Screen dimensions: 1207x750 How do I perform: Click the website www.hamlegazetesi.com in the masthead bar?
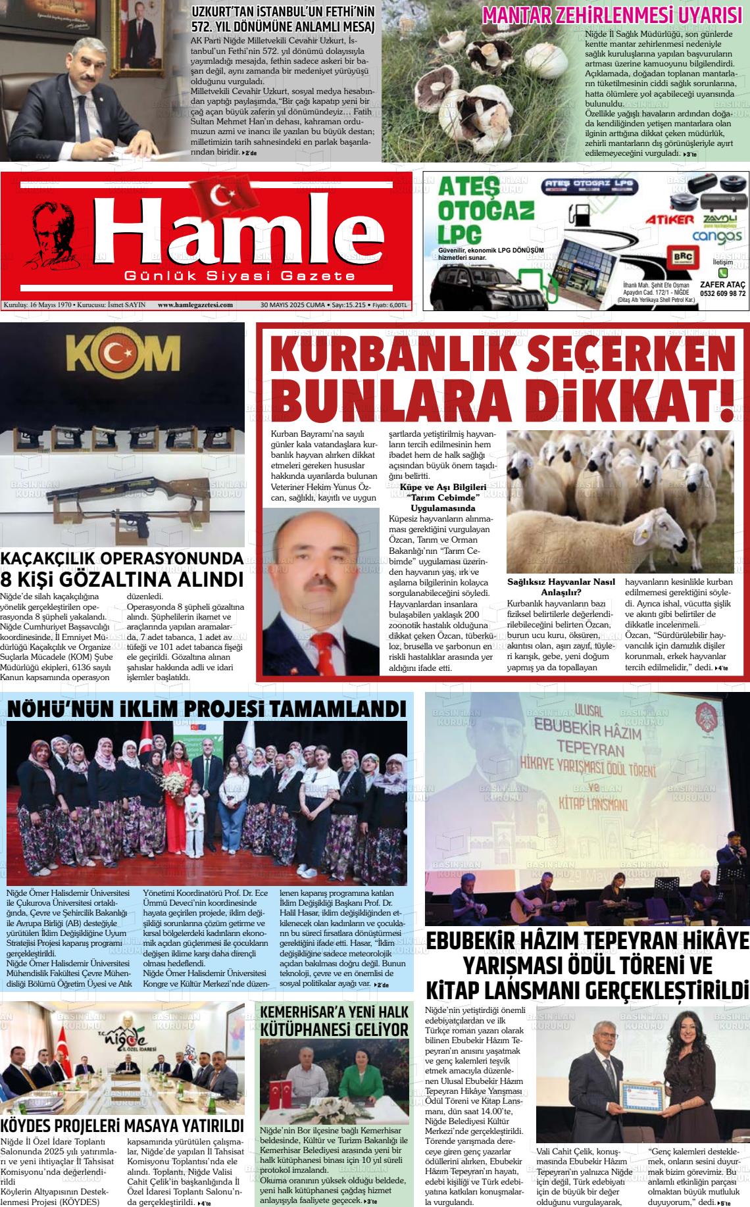point(195,305)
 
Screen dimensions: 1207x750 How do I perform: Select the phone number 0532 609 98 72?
point(722,293)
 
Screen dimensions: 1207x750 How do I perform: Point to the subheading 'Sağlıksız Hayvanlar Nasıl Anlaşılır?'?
point(561,586)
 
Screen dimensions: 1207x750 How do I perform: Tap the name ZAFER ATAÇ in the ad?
point(722,284)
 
